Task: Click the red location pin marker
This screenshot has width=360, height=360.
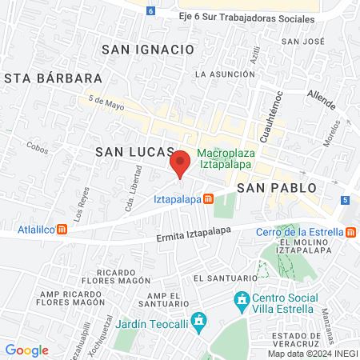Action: click(180, 162)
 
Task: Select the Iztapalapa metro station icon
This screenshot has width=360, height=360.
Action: click(208, 198)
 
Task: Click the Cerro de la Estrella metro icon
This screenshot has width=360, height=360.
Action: click(350, 232)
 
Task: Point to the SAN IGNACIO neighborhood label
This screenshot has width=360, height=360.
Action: click(148, 49)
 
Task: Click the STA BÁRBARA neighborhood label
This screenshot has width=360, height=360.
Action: click(54, 78)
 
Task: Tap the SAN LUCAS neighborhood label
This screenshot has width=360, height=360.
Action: click(134, 151)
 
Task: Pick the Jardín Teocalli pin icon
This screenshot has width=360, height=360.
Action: click(200, 322)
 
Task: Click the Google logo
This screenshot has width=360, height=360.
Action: click(26, 350)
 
